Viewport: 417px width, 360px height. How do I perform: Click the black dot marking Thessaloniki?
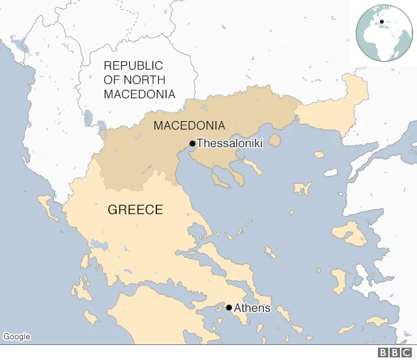pyautogui.click(x=192, y=144)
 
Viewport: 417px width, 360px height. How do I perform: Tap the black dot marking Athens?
pyautogui.click(x=229, y=307)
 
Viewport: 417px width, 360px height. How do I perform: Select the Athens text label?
pyautogui.click(x=252, y=308)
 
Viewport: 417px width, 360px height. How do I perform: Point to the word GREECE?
pyautogui.click(x=135, y=210)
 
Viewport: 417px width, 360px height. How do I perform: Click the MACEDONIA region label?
pyautogui.click(x=189, y=126)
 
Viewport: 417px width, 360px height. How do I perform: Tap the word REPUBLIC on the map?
pyautogui.click(x=133, y=66)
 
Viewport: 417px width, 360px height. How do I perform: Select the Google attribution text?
pyautogui.click(x=17, y=337)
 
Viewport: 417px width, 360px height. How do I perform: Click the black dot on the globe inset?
pyautogui.click(x=381, y=21)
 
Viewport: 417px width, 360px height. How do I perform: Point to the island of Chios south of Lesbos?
pyautogui.click(x=339, y=281)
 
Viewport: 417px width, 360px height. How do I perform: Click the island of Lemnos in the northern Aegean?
pyautogui.click(x=302, y=189)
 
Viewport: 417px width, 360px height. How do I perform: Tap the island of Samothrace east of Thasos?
pyautogui.click(x=319, y=155)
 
